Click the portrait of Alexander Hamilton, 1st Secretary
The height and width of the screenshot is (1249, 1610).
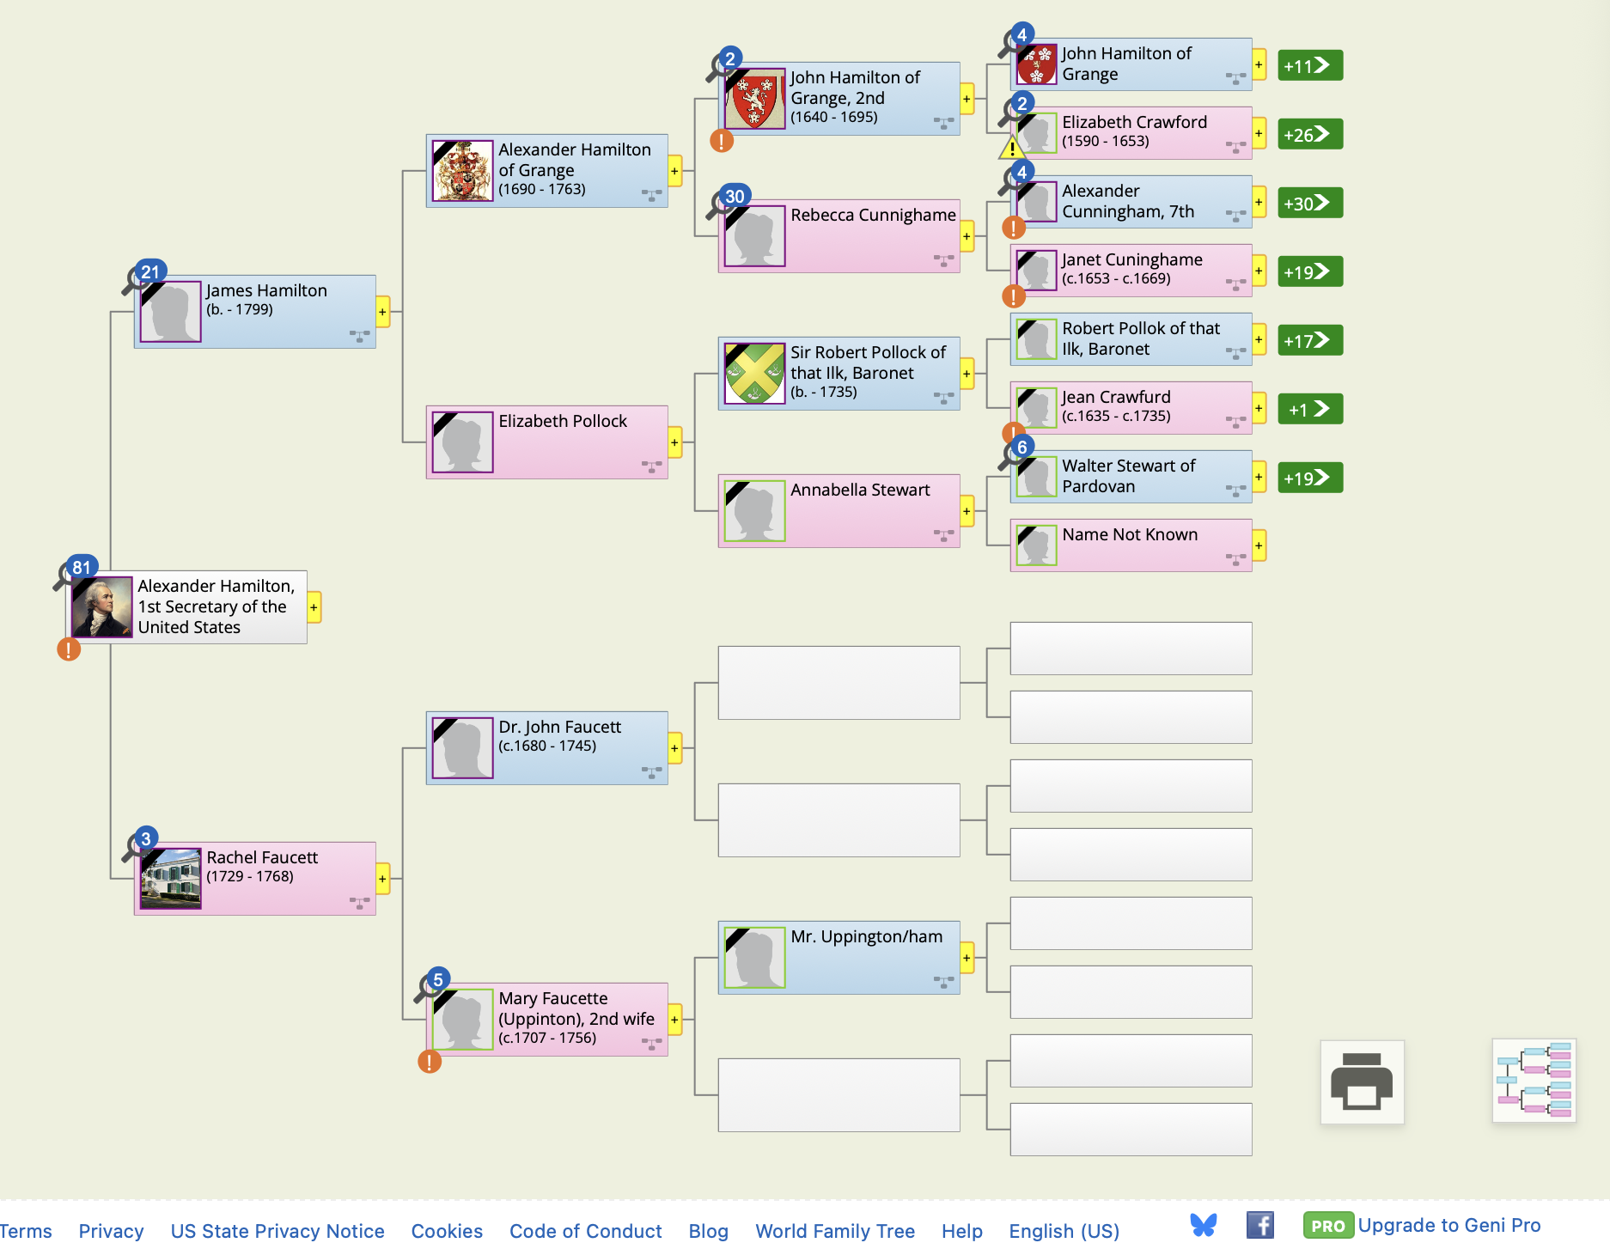(x=102, y=606)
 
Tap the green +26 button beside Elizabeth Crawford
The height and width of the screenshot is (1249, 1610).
(x=1309, y=135)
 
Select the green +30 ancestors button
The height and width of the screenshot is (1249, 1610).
(x=1309, y=204)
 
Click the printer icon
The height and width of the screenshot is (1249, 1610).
(x=1362, y=1081)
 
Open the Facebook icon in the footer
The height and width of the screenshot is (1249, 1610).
(x=1259, y=1225)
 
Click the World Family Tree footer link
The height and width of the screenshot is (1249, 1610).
(x=834, y=1231)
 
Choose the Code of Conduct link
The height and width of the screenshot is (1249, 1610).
(x=585, y=1231)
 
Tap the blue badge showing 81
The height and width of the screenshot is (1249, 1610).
(x=82, y=567)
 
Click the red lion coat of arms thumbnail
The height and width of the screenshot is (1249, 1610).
(x=755, y=99)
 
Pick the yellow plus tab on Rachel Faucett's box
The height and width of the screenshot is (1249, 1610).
(x=383, y=879)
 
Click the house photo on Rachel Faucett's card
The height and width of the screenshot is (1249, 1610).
(x=171, y=879)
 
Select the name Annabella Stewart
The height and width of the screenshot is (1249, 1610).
(x=860, y=490)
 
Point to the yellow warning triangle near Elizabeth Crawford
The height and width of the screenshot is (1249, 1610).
(x=1011, y=149)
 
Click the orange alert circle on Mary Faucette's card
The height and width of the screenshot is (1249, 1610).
(x=430, y=1062)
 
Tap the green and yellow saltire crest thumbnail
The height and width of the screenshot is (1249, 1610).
(x=754, y=374)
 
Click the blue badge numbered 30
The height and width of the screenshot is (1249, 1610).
(x=735, y=196)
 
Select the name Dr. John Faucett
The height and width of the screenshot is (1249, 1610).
(x=559, y=727)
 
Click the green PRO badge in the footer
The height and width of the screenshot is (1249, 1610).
(x=1327, y=1226)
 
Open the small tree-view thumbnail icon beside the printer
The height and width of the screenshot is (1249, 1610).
(x=1534, y=1081)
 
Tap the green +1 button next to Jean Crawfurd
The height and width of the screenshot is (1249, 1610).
(x=1309, y=410)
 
